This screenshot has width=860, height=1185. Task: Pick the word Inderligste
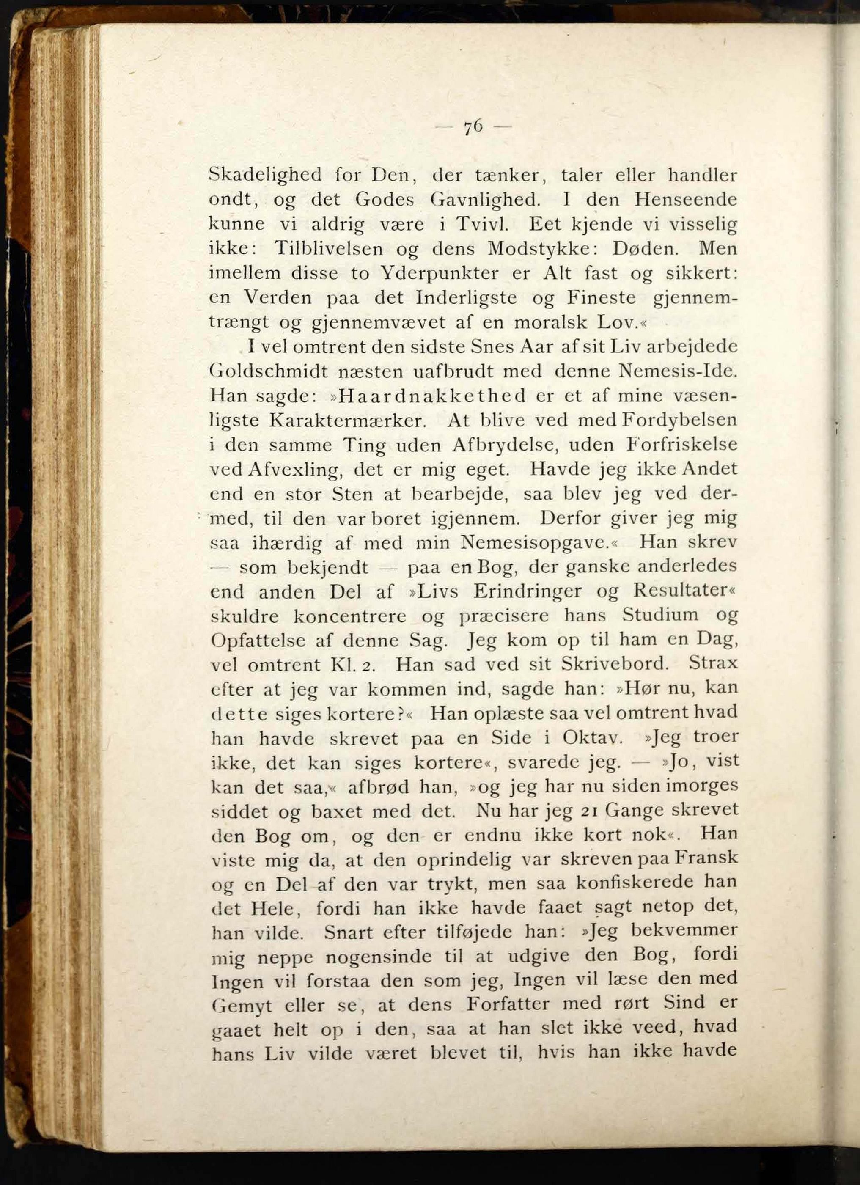click(x=466, y=298)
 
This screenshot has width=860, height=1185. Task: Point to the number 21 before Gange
click(x=593, y=810)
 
